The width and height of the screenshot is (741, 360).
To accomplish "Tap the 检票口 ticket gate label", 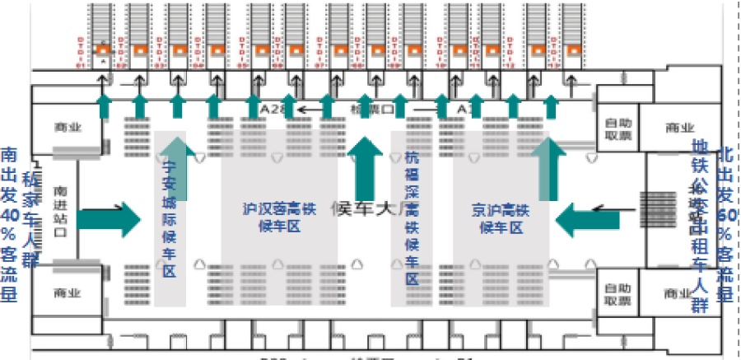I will click(x=365, y=109).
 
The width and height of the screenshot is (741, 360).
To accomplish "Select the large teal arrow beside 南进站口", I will click(x=109, y=218).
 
